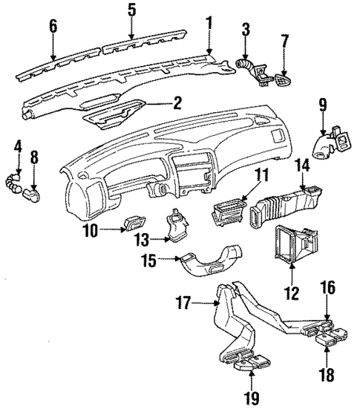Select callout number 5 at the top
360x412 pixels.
(131, 11)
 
